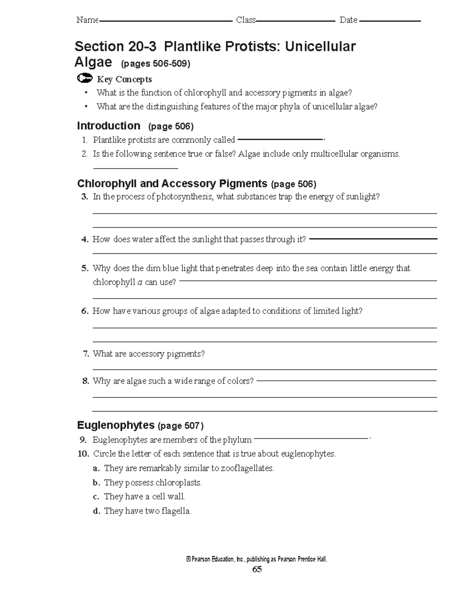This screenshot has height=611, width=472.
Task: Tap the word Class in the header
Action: point(246,20)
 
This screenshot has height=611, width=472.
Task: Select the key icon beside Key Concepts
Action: point(85,79)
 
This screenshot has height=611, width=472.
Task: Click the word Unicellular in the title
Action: point(320,46)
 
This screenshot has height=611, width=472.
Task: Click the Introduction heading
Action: point(109,126)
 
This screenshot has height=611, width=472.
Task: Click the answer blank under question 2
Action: point(135,168)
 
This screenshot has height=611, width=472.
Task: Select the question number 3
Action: point(85,197)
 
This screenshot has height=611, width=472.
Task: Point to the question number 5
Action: point(85,268)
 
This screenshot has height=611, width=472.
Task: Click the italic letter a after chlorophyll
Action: point(140,282)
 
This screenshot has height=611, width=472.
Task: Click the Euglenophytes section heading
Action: point(116,425)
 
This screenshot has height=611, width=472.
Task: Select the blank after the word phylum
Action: point(311,438)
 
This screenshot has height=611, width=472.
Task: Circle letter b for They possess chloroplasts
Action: point(96,483)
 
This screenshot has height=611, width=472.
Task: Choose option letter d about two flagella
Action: point(96,511)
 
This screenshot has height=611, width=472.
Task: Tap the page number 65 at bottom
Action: point(257,569)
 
